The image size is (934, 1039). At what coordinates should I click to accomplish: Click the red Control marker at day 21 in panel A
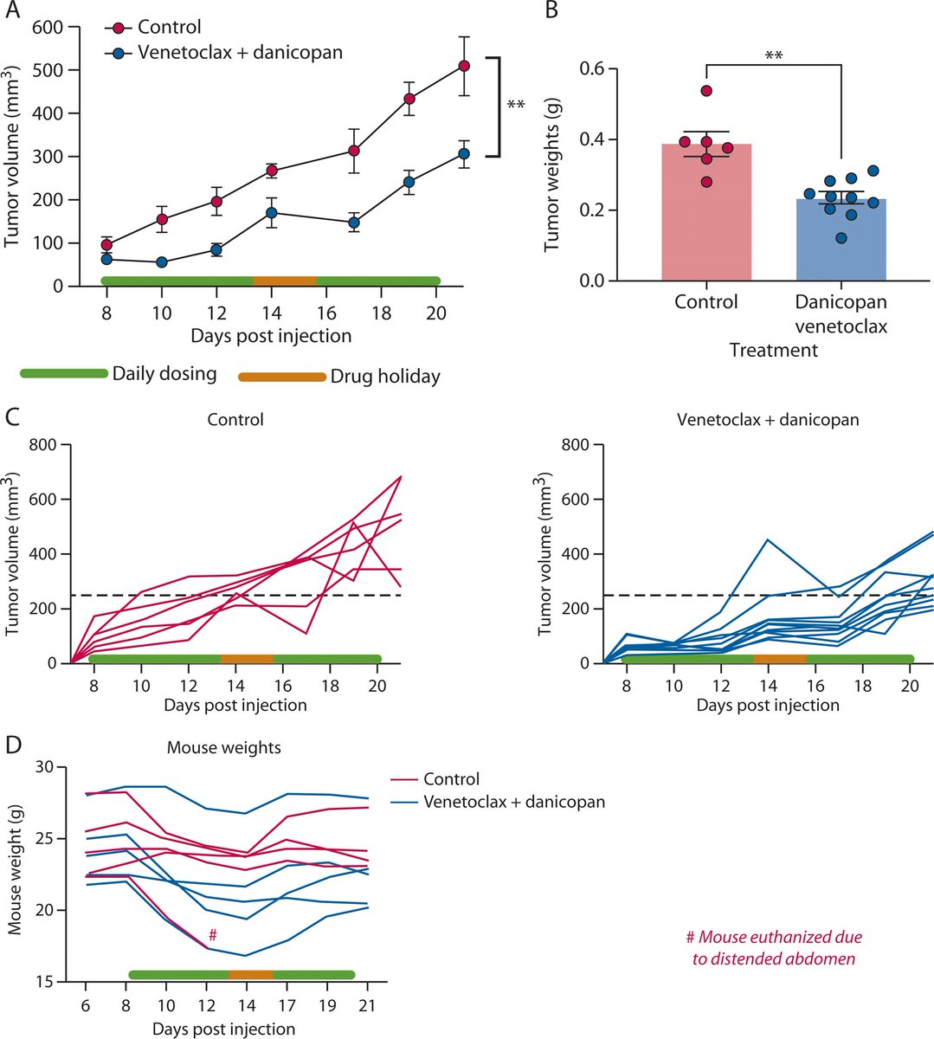[x=464, y=66]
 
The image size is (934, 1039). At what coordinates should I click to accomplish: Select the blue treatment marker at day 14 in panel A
[x=272, y=212]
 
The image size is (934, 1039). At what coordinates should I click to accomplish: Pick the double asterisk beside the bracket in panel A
[x=516, y=106]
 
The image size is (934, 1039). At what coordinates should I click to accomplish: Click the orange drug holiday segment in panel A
[x=285, y=281]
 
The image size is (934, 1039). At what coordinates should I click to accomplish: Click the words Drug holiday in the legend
[x=385, y=377]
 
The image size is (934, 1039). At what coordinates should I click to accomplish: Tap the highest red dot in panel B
[x=706, y=91]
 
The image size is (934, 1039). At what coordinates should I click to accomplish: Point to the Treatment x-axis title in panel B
[x=773, y=350]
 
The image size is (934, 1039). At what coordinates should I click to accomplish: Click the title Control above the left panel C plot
[x=235, y=420]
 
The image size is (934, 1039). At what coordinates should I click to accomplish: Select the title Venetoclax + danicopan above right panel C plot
[x=768, y=420]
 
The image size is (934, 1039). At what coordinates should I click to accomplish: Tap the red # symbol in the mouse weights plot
[x=212, y=935]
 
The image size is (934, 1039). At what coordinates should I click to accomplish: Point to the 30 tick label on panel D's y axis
[x=44, y=767]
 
